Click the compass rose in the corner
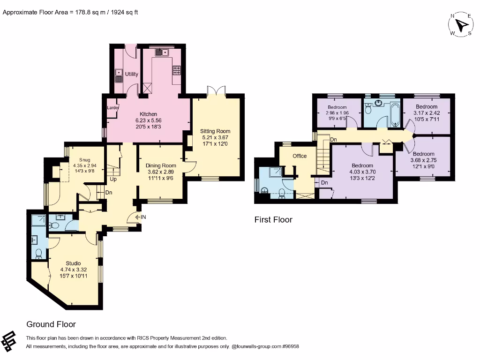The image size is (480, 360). pyautogui.click(x=461, y=25)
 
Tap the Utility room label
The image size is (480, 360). pyautogui.click(x=131, y=74)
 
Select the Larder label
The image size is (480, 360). pyautogui.click(x=112, y=108)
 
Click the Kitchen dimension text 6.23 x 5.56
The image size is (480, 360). pyautogui.click(x=149, y=120)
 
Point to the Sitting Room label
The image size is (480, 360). pyautogui.click(x=215, y=131)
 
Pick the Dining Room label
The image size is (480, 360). pyautogui.click(x=161, y=165)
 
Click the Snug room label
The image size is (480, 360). pyautogui.click(x=85, y=160)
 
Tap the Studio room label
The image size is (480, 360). pyautogui.click(x=73, y=263)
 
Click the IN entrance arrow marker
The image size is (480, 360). pyautogui.click(x=141, y=217)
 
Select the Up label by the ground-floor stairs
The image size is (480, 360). pyautogui.click(x=113, y=180)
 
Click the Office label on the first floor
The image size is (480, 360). pyautogui.click(x=300, y=156)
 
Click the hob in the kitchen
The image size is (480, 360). pyautogui.click(x=177, y=70)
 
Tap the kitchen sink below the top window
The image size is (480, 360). pyautogui.click(x=162, y=52)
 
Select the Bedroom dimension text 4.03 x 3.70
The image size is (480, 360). pyautogui.click(x=362, y=172)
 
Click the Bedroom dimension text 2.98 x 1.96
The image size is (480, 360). pyautogui.click(x=337, y=112)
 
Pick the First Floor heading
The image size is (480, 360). pyautogui.click(x=273, y=219)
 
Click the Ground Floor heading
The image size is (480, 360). pyautogui.click(x=51, y=324)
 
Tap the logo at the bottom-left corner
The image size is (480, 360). pyautogui.click(x=8, y=341)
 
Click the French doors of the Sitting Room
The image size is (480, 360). pyautogui.click(x=216, y=91)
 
